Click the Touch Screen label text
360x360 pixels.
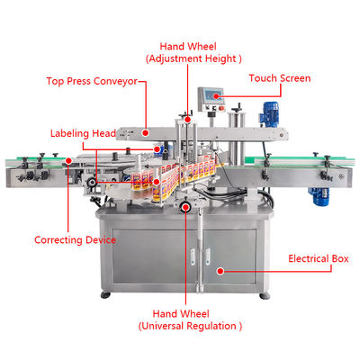pyautogui.click(x=280, y=78)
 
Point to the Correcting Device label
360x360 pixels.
pyautogui.click(x=74, y=240)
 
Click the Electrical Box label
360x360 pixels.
pyautogui.click(x=318, y=258)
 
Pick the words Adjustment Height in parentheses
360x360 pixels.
pyautogui.click(x=194, y=58)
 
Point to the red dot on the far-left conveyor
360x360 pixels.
pyautogui.click(x=67, y=162)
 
